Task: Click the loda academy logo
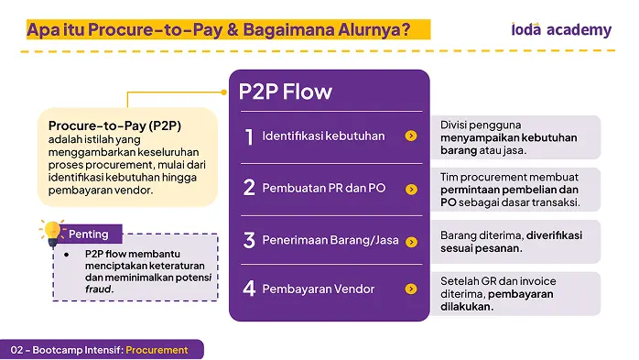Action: click(x=561, y=29)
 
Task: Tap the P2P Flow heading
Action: click(x=286, y=92)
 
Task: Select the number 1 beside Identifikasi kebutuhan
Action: click(x=249, y=137)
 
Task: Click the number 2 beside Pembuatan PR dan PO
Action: click(x=249, y=188)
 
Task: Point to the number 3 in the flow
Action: click(x=249, y=240)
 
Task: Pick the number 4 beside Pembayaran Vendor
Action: click(x=249, y=289)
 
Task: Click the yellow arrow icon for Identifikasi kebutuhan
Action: click(x=411, y=136)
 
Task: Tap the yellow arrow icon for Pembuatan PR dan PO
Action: click(x=411, y=190)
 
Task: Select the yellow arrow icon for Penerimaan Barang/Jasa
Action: click(x=411, y=242)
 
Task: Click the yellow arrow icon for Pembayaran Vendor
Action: click(x=411, y=289)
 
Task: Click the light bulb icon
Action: click(x=52, y=234)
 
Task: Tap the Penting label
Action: click(x=89, y=235)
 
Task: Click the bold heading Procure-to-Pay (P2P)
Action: click(x=114, y=125)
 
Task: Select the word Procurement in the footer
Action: click(x=157, y=350)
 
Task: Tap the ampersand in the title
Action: click(x=233, y=29)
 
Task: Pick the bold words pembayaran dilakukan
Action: click(x=497, y=300)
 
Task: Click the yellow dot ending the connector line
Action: click(x=223, y=93)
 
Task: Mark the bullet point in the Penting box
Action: click(x=67, y=255)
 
